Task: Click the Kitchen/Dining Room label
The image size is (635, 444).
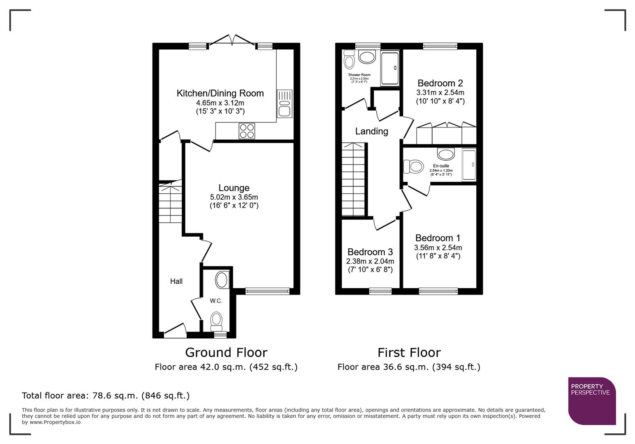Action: point(220,93)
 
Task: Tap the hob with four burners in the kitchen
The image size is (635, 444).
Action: point(247,131)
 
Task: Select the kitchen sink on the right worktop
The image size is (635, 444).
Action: point(284,104)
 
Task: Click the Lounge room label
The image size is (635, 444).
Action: point(234,187)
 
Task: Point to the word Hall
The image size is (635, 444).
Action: point(176,281)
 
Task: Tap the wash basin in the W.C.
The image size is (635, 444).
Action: point(222,280)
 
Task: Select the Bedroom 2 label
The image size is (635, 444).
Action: point(440,83)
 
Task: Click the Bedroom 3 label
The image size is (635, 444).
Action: point(370,252)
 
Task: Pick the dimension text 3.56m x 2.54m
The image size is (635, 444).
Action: point(438,247)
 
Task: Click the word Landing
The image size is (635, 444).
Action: point(372,131)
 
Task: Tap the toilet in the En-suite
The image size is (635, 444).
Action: point(414,166)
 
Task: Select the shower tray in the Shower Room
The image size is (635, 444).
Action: point(390,68)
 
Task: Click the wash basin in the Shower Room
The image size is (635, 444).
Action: point(367,57)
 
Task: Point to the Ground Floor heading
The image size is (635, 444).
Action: point(226,353)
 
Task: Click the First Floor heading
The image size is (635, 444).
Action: point(409,353)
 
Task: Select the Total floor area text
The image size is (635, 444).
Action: point(106,395)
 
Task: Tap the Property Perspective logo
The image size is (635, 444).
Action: point(592,401)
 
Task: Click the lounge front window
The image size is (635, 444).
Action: point(267,291)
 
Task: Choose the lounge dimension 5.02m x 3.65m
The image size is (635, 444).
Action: point(234,197)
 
